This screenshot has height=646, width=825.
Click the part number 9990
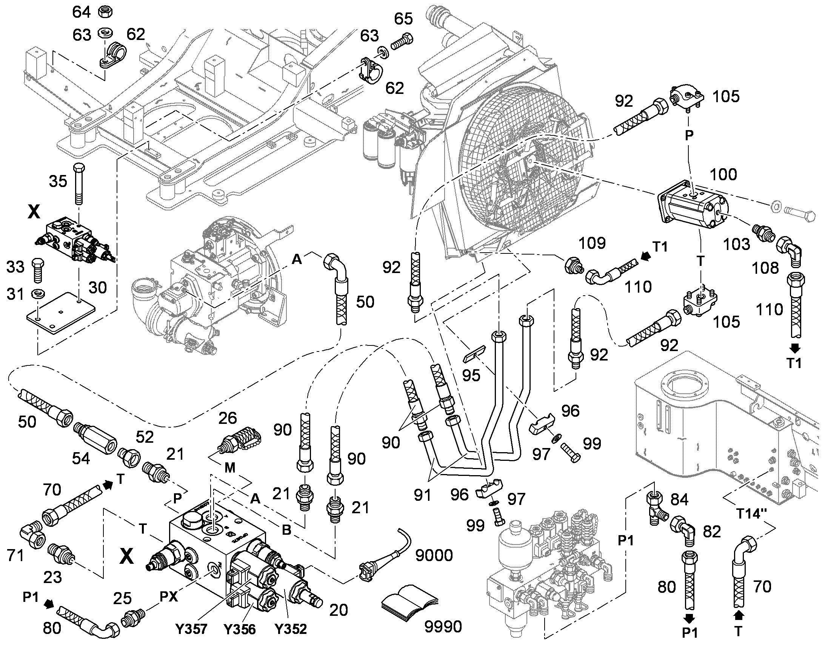coord(443,627)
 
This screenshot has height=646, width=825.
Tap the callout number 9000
coord(434,555)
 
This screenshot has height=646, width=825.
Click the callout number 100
coord(723,174)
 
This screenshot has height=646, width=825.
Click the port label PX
coord(168,597)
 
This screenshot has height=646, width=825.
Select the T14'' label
coord(751,514)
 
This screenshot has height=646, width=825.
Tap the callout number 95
coord(471,375)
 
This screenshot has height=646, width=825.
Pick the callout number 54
coord(81,459)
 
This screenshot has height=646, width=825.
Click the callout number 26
coord(228,418)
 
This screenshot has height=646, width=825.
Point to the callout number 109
coord(592,243)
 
